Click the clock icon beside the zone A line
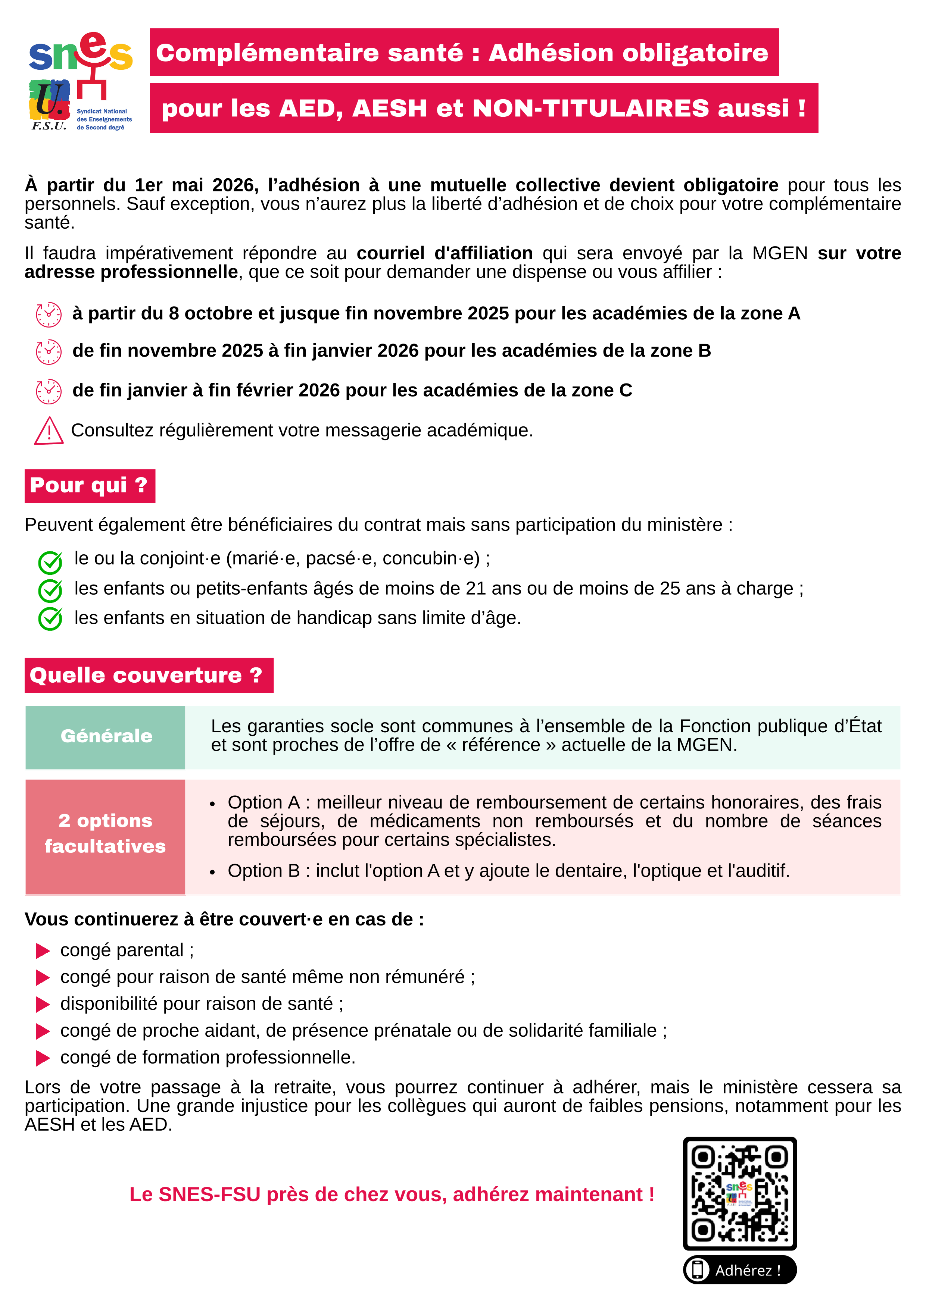click(49, 314)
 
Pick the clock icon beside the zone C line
click(49, 391)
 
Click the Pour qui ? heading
click(90, 486)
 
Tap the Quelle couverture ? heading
click(148, 676)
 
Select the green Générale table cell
click(106, 737)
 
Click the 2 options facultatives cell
click(106, 833)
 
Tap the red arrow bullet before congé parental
click(43, 951)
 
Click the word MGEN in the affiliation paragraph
click(779, 253)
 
